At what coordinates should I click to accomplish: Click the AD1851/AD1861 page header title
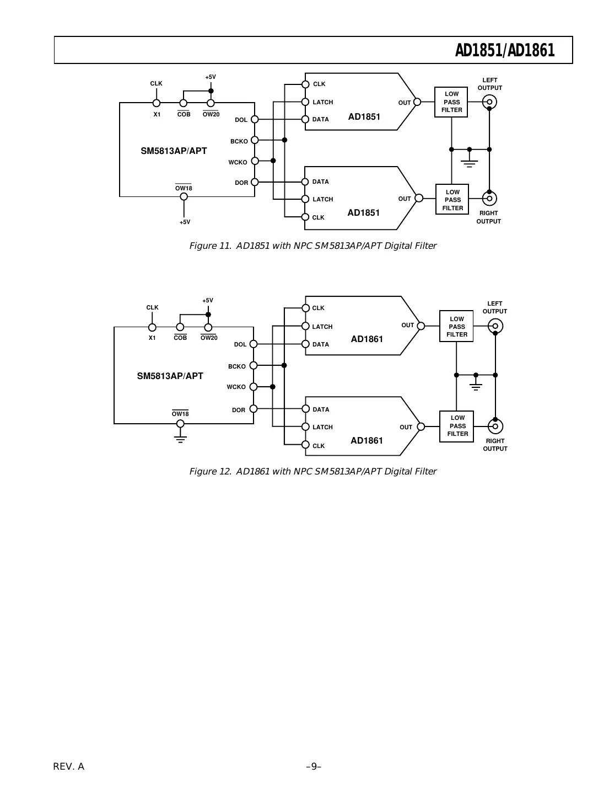click(x=504, y=51)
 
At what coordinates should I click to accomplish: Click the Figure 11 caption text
click(x=312, y=246)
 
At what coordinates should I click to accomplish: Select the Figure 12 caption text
click(x=312, y=471)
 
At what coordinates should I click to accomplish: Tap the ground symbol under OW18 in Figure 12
click(x=180, y=438)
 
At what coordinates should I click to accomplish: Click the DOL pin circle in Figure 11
click(x=255, y=119)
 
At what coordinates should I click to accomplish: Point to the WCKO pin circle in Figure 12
click(x=254, y=387)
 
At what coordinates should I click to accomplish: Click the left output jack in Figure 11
click(x=489, y=102)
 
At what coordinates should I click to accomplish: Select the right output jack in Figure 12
click(x=495, y=427)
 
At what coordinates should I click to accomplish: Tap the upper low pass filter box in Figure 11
click(x=451, y=102)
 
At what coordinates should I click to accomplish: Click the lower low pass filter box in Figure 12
click(x=457, y=426)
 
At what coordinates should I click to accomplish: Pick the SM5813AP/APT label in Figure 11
click(x=174, y=151)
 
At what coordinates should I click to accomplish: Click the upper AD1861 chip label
click(x=367, y=339)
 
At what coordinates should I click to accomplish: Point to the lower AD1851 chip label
click(x=363, y=212)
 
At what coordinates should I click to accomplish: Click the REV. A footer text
click(x=69, y=766)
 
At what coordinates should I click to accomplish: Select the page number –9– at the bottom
click(x=313, y=766)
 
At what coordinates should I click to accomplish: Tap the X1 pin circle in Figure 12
click(x=152, y=327)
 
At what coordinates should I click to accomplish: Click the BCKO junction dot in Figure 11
click(x=284, y=140)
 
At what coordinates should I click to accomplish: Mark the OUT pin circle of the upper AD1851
click(x=417, y=102)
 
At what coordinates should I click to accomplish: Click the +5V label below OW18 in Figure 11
click(x=185, y=222)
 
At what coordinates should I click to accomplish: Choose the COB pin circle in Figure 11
click(x=184, y=103)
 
